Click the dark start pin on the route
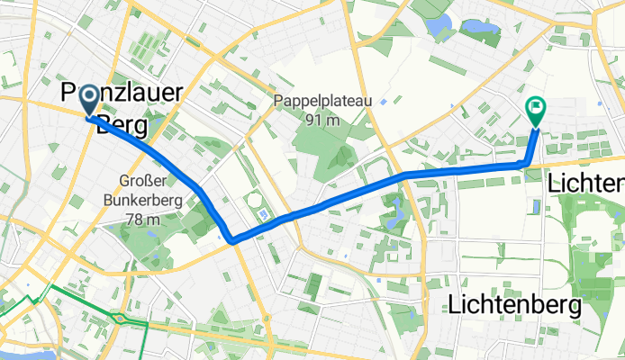[x=91, y=103]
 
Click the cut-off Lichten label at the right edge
[x=586, y=184]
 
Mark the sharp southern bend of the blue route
[x=232, y=240]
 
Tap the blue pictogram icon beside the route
[x=263, y=214]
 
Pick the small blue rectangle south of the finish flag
[x=538, y=206]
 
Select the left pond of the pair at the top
[x=442, y=26]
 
